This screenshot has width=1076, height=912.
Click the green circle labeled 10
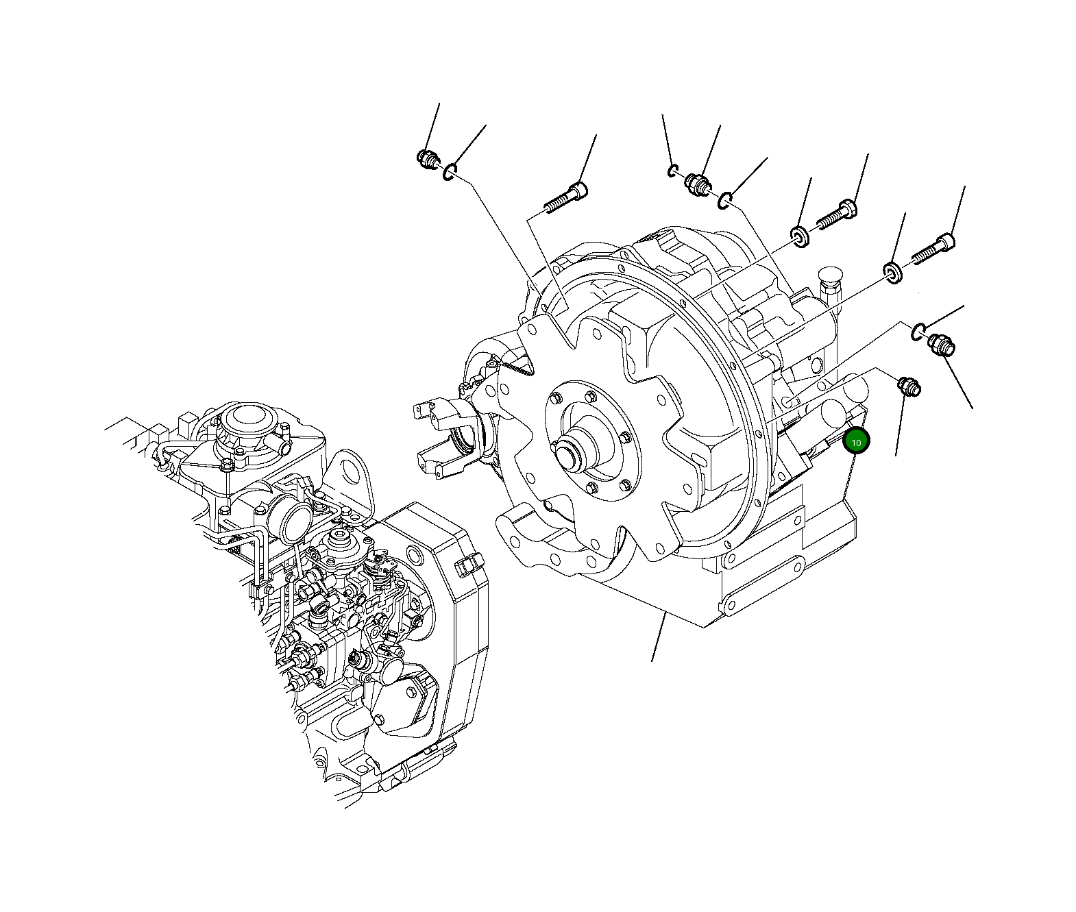coord(856,442)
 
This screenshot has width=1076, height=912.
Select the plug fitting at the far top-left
coord(428,160)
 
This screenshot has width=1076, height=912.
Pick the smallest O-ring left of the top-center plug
coord(674,170)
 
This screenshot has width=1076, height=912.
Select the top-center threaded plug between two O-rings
coord(698,184)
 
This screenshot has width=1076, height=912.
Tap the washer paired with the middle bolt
coord(799,236)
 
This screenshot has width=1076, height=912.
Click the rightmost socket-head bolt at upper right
coord(933,249)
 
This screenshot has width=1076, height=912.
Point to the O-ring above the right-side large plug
coord(918,332)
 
